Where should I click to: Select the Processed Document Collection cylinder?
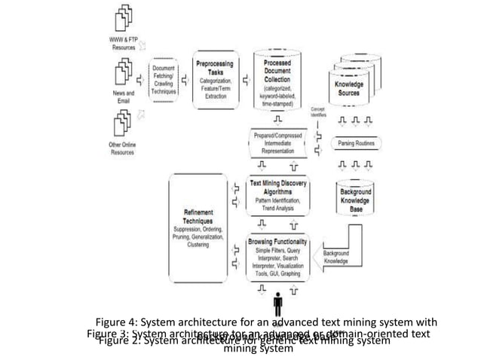click(x=283, y=79)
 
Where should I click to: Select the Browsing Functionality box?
click(x=278, y=258)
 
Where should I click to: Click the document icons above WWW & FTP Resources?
click(x=124, y=17)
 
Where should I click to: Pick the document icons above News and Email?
click(x=124, y=71)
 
